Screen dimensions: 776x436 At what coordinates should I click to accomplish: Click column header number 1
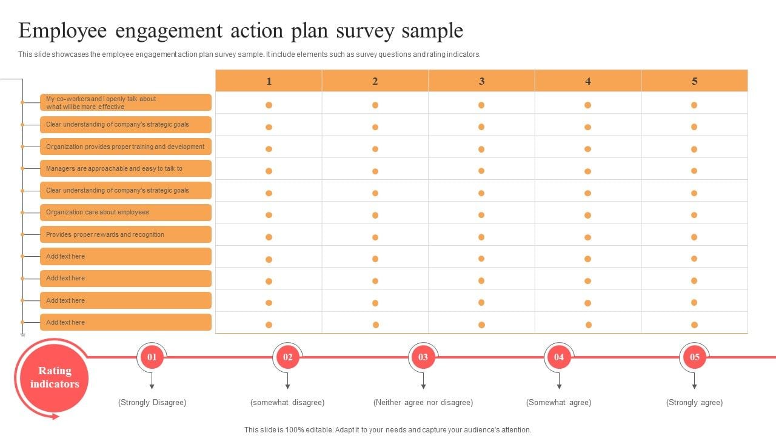click(x=269, y=81)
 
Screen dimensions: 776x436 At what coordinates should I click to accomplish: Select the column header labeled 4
click(x=588, y=81)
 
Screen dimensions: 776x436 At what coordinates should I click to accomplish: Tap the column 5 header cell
click(x=695, y=81)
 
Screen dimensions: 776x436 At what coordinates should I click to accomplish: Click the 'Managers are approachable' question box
click(x=125, y=168)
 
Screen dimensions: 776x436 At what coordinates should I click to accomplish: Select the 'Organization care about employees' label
click(x=125, y=212)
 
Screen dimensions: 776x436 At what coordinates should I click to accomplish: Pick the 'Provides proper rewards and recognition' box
click(x=125, y=234)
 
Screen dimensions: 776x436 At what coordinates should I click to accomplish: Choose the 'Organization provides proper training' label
click(x=125, y=147)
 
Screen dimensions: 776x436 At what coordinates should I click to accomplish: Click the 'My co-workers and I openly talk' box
click(x=125, y=102)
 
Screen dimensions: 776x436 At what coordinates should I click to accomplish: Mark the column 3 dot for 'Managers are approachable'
click(x=481, y=171)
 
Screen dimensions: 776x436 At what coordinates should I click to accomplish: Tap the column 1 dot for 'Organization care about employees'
click(x=269, y=215)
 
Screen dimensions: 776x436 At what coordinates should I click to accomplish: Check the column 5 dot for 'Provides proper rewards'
click(x=694, y=237)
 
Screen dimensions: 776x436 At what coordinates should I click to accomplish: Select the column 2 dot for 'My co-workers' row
click(x=375, y=105)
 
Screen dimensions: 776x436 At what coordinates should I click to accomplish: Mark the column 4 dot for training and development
click(x=587, y=149)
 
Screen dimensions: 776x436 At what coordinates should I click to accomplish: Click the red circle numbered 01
click(x=152, y=357)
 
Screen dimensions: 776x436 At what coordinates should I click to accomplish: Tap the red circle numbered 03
click(x=423, y=357)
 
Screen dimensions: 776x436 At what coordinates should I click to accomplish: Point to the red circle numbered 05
click(x=695, y=357)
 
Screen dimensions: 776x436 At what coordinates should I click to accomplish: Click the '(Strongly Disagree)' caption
click(x=152, y=403)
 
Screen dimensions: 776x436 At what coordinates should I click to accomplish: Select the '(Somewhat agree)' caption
click(x=558, y=403)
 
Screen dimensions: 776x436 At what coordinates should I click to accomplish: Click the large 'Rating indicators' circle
click(x=55, y=377)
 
